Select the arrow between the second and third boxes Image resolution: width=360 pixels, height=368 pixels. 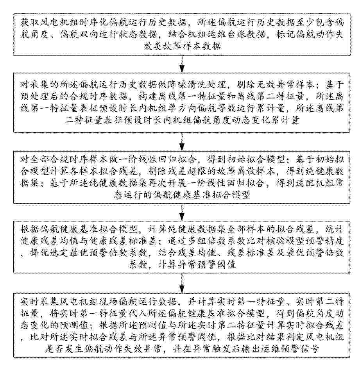point(182,142)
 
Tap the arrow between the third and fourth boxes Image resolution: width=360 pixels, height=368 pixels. point(182,212)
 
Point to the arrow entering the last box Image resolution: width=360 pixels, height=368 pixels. point(182,283)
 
